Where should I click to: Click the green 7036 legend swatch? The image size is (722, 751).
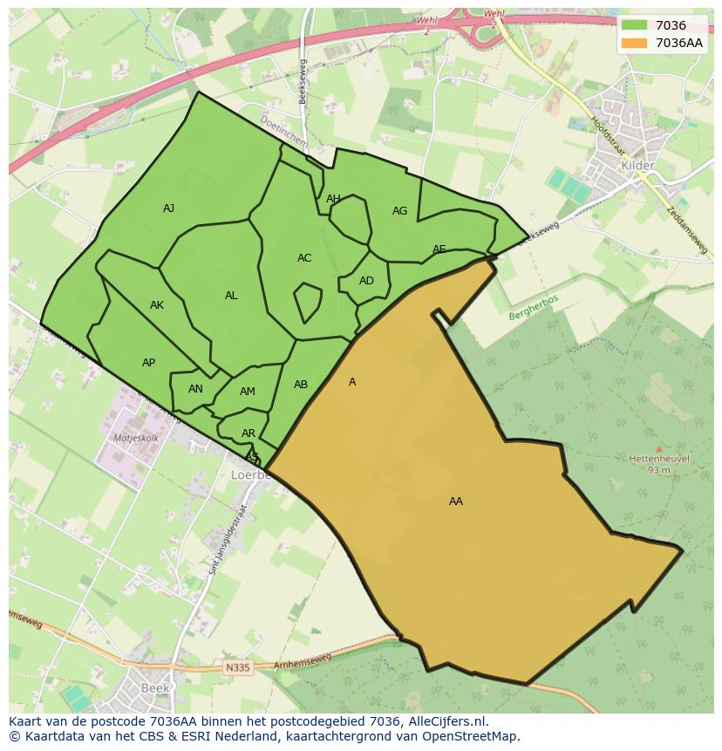pos(635,26)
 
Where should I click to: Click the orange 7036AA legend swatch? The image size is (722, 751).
pos(635,43)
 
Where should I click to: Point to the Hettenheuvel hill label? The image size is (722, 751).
pos(658,458)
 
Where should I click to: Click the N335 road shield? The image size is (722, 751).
pos(236,667)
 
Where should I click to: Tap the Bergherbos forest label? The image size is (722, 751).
pos(533,307)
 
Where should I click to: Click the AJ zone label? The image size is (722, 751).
pos(169,208)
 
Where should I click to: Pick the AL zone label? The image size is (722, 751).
pos(231,296)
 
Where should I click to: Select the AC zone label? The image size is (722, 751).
pos(304,258)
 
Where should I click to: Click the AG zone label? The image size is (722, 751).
pos(399,211)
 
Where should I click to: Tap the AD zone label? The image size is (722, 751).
pos(366,281)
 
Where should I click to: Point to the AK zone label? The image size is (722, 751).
pos(157,305)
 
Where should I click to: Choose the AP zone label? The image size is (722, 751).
pos(148,363)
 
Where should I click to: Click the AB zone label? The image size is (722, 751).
pos(301,385)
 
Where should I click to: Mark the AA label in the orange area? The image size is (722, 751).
pos(456,502)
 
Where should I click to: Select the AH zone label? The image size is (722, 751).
pos(333,199)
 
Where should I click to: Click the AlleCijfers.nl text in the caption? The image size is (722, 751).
pos(444,721)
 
